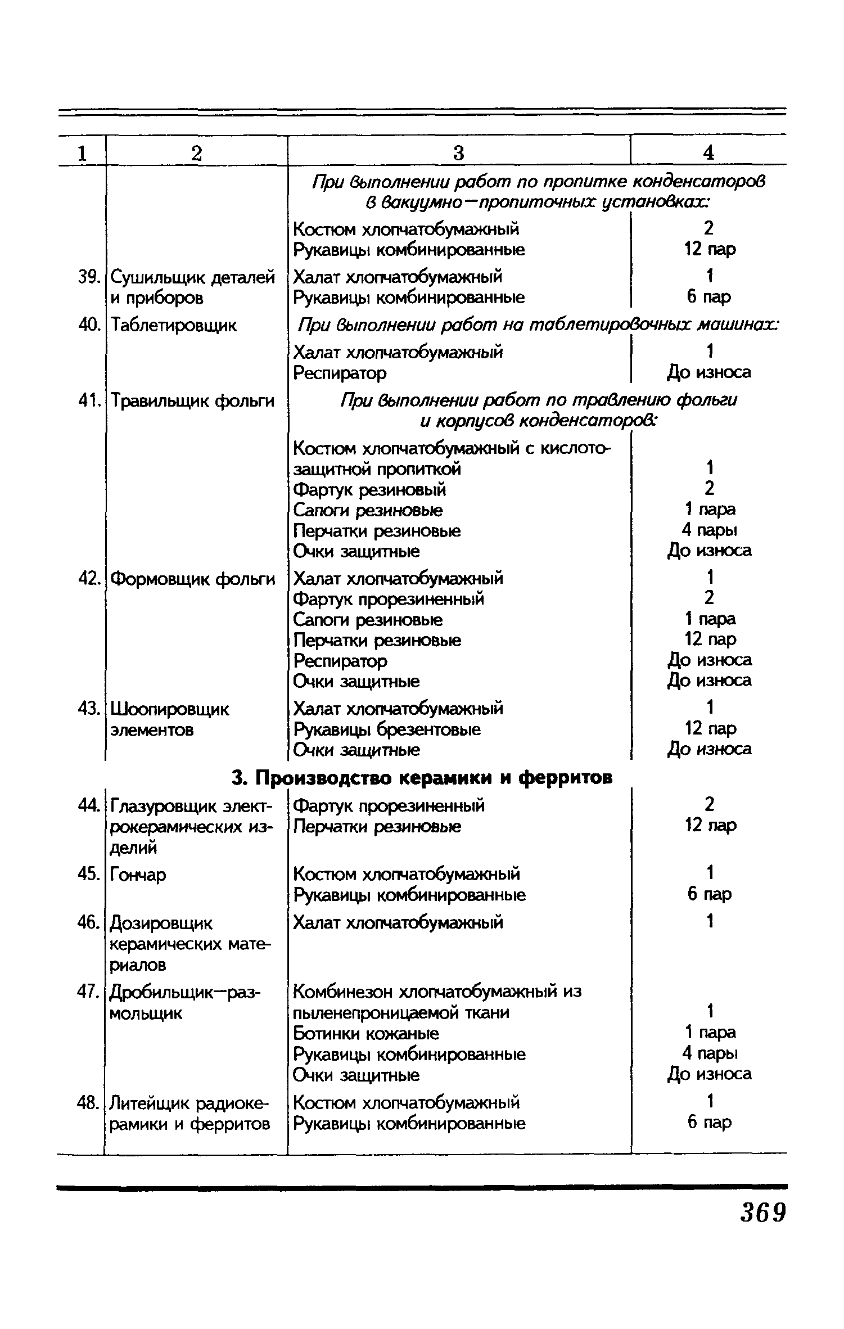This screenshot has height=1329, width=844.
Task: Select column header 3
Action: pos(459,152)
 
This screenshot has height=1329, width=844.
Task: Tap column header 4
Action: pos(709,152)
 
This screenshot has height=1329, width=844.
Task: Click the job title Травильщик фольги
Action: pos(192,401)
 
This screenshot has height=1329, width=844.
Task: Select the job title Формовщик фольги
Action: pos(192,579)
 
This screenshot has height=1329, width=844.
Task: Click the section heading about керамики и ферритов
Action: pos(422,777)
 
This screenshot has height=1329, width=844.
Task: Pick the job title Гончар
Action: pos(138,875)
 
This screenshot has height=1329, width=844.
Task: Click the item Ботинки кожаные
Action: pos(366,1034)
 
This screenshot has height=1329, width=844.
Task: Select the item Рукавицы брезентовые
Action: pos(387,729)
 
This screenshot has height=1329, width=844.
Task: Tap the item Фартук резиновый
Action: pos(369,490)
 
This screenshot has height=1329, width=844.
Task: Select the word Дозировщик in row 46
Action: pos(161,923)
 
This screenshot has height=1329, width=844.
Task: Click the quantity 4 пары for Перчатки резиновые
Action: pos(709,530)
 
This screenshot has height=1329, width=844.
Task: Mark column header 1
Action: pos(82,152)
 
